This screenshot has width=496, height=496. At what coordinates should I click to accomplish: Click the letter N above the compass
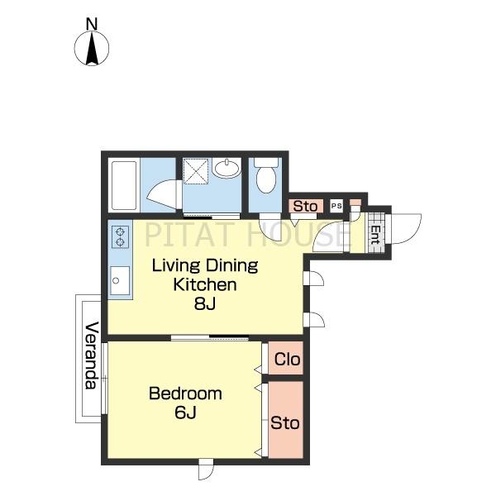(x=92, y=24)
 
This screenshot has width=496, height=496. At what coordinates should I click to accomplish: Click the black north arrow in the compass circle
(x=92, y=48)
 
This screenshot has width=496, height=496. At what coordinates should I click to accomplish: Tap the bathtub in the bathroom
(x=124, y=185)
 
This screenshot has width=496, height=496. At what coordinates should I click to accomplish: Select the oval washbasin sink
(x=227, y=168)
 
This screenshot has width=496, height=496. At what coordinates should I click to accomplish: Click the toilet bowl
(x=266, y=176)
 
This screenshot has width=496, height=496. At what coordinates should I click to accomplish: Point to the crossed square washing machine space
(x=196, y=171)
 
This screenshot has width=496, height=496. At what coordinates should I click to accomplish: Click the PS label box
(x=336, y=206)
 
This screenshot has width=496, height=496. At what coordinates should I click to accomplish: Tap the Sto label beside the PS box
(x=305, y=206)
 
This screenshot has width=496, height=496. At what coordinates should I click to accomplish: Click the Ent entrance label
(x=375, y=234)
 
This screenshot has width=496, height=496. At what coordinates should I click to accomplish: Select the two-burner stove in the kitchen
(x=121, y=237)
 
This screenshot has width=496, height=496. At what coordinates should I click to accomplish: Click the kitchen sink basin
(x=120, y=280)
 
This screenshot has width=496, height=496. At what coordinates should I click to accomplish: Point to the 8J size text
(x=205, y=304)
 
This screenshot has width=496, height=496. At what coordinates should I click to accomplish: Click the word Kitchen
(x=205, y=284)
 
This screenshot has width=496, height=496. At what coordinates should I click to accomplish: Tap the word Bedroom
(x=185, y=393)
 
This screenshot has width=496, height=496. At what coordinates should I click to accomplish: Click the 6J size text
(x=186, y=413)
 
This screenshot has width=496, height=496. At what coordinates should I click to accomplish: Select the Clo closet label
(x=287, y=360)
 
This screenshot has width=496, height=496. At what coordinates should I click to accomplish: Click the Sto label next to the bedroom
(x=284, y=423)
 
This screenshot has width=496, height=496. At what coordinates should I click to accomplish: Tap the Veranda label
(x=92, y=355)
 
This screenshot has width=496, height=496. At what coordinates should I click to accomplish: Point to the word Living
(x=176, y=266)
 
